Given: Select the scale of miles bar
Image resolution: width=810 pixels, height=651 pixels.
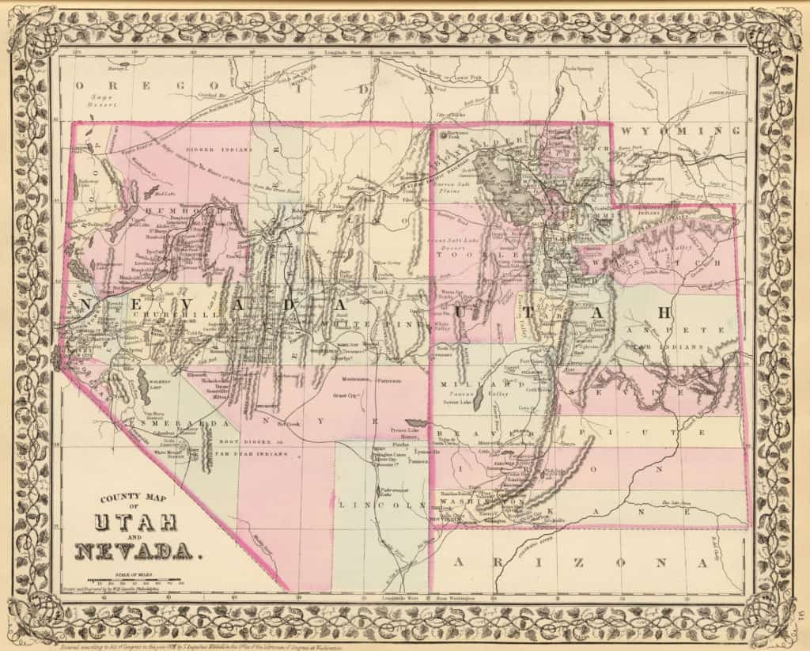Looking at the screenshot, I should click(134, 580).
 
